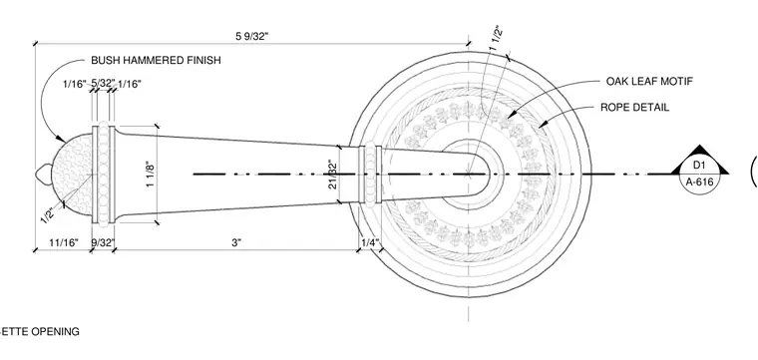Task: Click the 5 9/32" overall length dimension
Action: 251,36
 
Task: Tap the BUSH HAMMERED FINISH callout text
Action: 157,61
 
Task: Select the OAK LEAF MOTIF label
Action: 649,81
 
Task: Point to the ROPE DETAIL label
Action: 634,108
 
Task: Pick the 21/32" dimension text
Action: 332,174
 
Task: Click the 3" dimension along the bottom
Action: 236,242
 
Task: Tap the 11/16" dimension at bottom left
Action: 63,242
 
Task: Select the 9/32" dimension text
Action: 103,242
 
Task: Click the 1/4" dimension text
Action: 370,242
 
